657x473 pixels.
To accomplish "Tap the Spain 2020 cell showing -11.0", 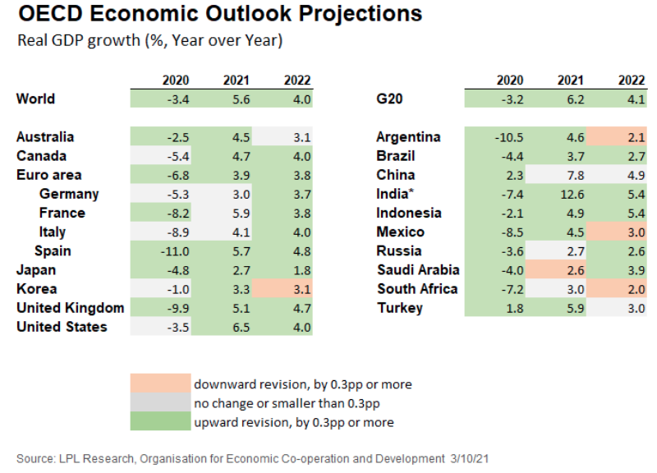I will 176,251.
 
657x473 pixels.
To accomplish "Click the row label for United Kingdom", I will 70,308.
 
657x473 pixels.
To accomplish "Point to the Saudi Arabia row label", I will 418,270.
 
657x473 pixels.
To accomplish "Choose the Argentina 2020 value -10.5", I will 509,137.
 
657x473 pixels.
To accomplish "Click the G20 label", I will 389,99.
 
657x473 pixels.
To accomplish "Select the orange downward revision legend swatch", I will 159,383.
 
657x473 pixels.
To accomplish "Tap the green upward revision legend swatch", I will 159,422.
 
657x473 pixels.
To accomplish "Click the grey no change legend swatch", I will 159,403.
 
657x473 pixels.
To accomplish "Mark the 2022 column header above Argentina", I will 632,80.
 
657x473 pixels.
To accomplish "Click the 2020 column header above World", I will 176,80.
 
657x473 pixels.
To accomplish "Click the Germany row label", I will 69,194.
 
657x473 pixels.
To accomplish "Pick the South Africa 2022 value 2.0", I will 632,289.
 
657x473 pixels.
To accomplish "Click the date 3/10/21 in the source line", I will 474,457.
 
